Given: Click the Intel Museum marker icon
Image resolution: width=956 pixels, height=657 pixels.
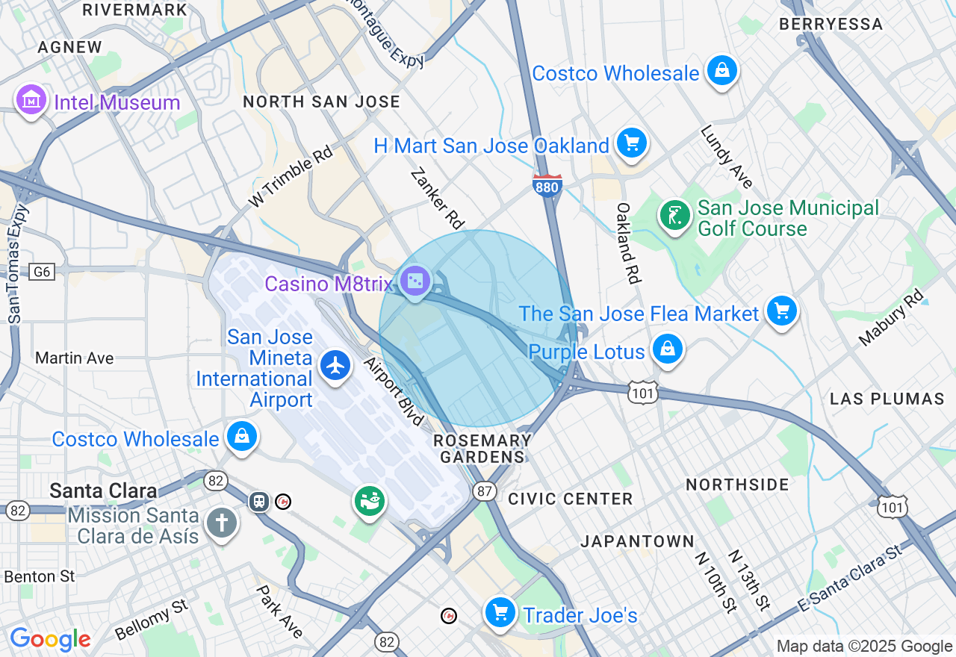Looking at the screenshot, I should (31, 99).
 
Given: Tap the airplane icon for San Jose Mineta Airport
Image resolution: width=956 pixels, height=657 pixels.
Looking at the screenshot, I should (335, 365).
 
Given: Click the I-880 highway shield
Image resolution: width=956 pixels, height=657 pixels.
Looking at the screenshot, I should (547, 186).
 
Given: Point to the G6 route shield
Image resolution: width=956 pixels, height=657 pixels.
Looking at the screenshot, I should (42, 272).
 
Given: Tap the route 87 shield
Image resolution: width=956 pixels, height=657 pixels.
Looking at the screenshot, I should (485, 491).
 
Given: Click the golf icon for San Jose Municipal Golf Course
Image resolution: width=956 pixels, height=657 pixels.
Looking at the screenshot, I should (674, 215).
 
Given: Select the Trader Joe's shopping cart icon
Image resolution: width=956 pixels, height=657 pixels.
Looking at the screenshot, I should (500, 612).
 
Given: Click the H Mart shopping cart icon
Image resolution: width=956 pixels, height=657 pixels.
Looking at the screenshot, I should (631, 142).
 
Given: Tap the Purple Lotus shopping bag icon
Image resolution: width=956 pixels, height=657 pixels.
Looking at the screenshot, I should (667, 348).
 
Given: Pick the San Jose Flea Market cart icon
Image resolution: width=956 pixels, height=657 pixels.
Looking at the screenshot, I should (781, 309).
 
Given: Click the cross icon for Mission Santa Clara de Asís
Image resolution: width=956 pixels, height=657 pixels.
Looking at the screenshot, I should (221, 522).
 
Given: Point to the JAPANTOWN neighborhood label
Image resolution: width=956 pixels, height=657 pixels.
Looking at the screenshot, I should (637, 541).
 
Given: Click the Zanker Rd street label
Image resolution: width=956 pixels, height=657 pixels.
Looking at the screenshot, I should (438, 198).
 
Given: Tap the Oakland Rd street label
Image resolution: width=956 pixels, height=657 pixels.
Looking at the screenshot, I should (629, 243).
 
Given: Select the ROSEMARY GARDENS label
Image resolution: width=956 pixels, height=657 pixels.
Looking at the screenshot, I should (482, 449).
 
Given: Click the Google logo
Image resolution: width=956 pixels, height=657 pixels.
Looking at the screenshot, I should (50, 639).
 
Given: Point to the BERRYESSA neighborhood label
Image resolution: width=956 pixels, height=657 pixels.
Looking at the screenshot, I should (831, 24).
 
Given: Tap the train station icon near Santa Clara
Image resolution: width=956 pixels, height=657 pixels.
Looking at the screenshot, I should (259, 501).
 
